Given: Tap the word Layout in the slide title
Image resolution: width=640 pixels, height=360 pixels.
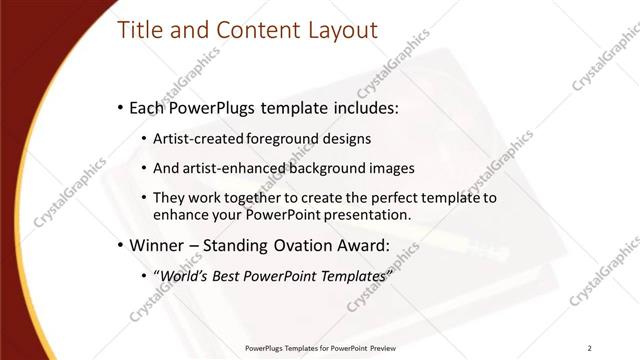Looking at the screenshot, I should pyautogui.click(x=337, y=31).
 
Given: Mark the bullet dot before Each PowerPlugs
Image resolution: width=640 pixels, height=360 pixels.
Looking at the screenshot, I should pyautogui.click(x=120, y=107).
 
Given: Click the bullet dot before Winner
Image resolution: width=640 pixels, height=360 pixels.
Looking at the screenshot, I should pyautogui.click(x=120, y=246).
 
